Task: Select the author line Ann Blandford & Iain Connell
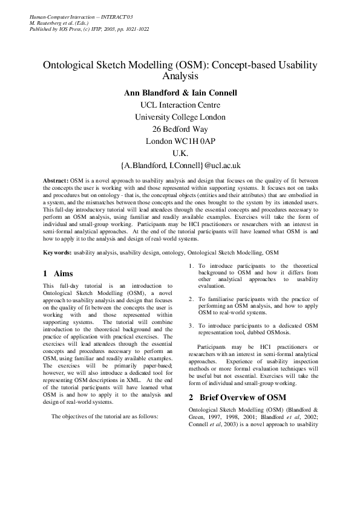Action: (180, 93)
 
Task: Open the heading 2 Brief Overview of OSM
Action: (234, 398)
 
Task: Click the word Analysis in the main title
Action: (180, 77)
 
